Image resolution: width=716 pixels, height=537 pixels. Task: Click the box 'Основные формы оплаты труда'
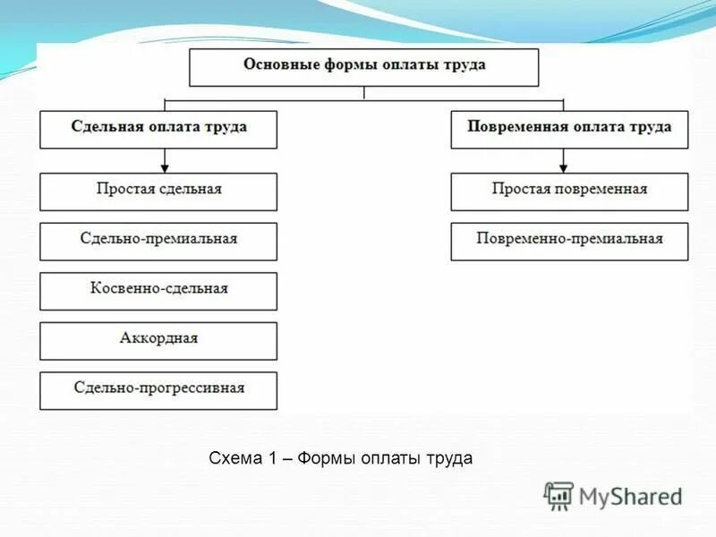pos(364,67)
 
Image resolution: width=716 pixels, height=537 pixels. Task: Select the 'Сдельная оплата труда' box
pos(158,129)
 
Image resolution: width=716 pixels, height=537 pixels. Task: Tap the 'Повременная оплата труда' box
pos(569,129)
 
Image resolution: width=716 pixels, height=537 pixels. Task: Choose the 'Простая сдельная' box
pos(158,191)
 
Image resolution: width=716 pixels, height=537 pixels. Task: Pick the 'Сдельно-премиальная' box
pos(158,241)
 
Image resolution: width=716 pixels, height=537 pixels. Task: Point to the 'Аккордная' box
pos(158,340)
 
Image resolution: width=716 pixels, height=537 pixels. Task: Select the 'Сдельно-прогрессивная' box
pos(158,390)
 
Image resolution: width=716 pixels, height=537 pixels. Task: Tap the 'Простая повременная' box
pos(569,191)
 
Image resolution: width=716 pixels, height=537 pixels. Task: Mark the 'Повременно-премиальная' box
pos(569,241)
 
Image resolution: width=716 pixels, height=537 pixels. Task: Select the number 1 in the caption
pos(271,459)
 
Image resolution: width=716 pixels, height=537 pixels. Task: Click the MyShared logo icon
pos(558,496)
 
